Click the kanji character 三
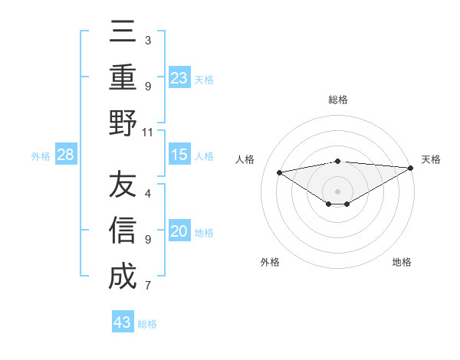[123, 32]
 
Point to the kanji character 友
[123, 186]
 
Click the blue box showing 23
[179, 77]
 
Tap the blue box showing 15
[179, 155]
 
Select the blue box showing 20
[179, 231]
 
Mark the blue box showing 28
[66, 155]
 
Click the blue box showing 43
[122, 322]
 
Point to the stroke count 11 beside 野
[148, 132]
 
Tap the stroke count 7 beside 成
[148, 286]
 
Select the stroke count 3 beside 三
[148, 40]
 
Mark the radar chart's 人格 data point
[279, 172]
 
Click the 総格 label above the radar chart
[337, 100]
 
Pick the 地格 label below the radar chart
[402, 262]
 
